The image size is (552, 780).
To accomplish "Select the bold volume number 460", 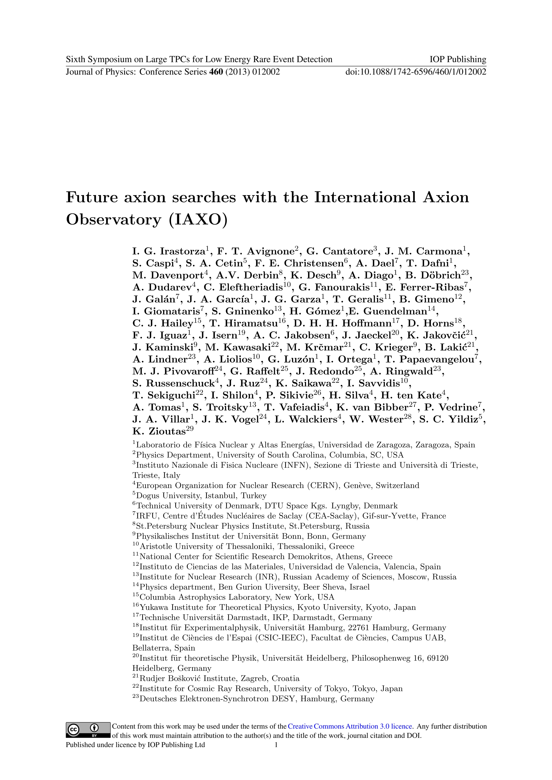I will tap(216, 72).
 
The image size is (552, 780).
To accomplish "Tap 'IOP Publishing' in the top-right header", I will tap(457, 59).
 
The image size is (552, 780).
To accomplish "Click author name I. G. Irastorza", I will tap(168, 251).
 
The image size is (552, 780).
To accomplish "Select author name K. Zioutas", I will tap(159, 431).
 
